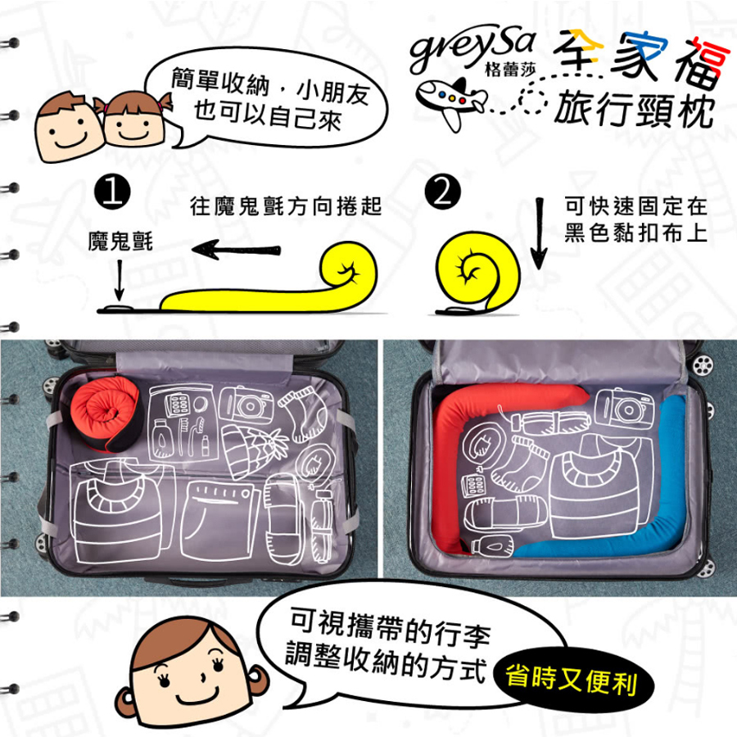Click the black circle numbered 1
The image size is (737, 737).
112,192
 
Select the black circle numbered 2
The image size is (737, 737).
442,192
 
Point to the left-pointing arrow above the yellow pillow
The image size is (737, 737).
237,249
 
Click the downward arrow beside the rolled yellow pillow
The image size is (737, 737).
539,233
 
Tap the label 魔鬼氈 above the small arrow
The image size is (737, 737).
120,242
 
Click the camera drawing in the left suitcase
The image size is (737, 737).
246,405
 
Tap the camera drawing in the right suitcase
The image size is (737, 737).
624,408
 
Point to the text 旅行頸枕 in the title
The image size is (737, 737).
635,110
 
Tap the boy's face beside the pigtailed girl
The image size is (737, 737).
70,126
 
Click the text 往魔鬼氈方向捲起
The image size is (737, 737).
286,207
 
